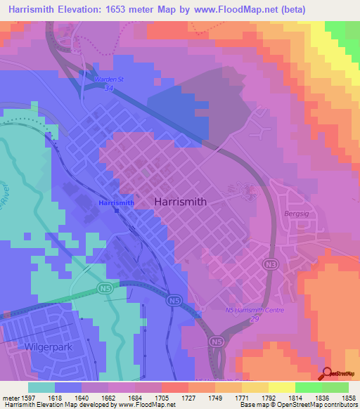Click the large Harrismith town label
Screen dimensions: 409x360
pyautogui.click(x=180, y=201)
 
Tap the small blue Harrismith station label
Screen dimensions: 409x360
pyautogui.click(x=117, y=203)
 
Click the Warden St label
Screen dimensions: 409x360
pyautogui.click(x=108, y=79)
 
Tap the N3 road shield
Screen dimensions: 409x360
pyautogui.click(x=273, y=264)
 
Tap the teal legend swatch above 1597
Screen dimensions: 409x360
pyautogui.click(x=41, y=387)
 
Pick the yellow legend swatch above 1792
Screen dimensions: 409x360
pyautogui.click(x=281, y=387)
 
